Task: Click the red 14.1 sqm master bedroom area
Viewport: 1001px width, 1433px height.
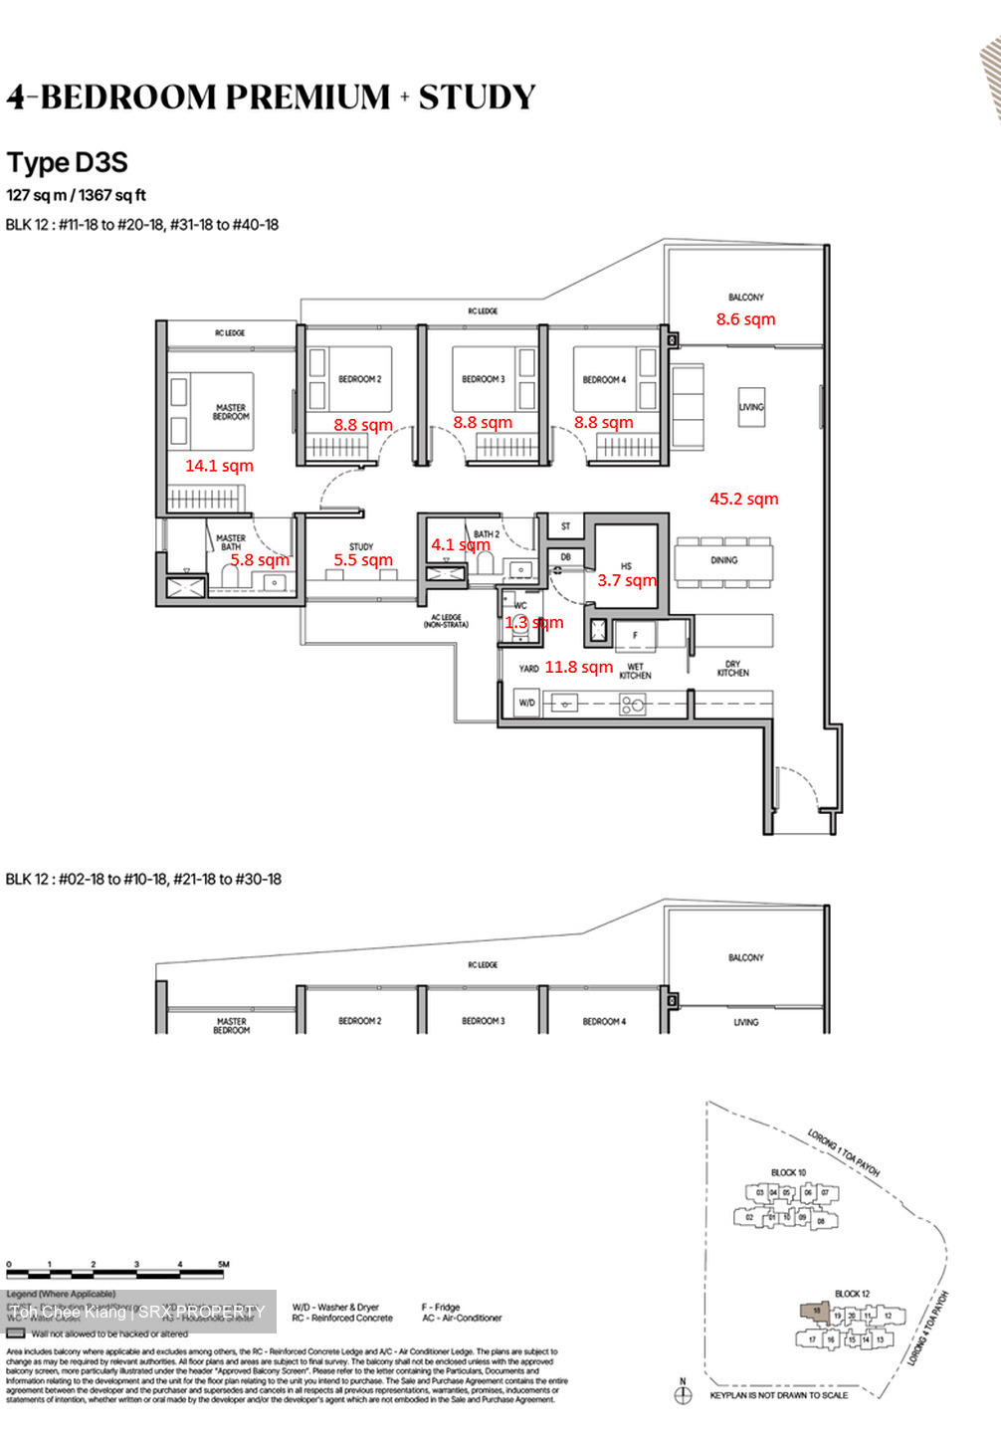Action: (219, 466)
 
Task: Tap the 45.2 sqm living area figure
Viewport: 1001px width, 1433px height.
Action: (743, 499)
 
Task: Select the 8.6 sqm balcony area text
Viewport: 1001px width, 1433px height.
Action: (745, 319)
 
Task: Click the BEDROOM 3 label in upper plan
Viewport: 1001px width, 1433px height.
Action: (483, 379)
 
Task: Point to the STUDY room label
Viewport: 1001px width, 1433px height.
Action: (361, 546)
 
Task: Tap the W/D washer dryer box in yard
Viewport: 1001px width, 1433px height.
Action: (526, 703)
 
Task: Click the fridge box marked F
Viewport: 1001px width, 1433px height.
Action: (636, 635)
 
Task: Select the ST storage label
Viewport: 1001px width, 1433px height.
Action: (565, 526)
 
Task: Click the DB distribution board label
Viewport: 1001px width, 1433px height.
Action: (565, 557)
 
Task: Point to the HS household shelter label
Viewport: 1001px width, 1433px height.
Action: (626, 566)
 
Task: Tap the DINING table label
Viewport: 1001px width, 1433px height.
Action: (723, 560)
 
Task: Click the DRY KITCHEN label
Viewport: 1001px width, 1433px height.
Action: (732, 669)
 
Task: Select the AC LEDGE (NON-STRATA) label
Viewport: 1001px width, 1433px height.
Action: (446, 621)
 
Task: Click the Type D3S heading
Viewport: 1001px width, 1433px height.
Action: (68, 163)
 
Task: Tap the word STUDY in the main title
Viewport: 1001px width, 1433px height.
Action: (477, 98)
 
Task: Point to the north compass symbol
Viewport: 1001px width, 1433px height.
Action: (683, 1394)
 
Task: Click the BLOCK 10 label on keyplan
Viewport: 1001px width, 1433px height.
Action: (788, 1172)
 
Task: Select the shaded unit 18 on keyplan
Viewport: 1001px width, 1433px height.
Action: (815, 1312)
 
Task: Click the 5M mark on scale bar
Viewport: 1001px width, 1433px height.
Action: (223, 1265)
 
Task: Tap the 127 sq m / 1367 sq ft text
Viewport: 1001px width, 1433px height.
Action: (77, 195)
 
